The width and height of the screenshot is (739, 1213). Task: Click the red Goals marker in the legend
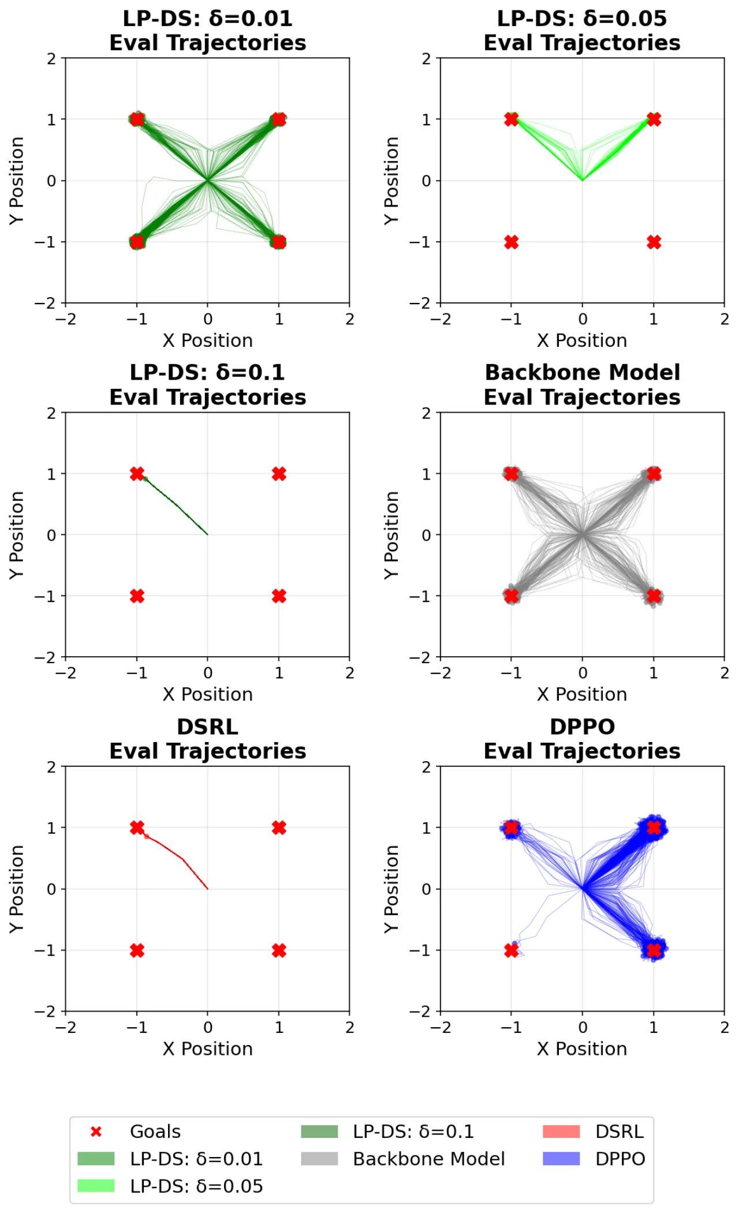pos(96,1132)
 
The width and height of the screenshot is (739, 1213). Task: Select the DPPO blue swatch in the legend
pos(561,1158)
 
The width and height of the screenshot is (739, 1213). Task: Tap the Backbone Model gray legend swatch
pos(319,1158)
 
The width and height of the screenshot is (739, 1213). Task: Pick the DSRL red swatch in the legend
pos(561,1131)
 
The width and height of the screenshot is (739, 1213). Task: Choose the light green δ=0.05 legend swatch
pos(96,1185)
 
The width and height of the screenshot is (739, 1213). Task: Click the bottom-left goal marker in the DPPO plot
pos(512,950)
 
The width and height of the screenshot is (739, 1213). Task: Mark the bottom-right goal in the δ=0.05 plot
pos(654,242)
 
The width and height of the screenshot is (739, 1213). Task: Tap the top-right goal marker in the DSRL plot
pos(279,828)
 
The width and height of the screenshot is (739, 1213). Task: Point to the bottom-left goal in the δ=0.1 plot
pos(137,596)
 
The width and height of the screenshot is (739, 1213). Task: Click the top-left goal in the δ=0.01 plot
pos(137,119)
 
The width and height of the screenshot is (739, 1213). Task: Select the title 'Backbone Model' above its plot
pos(583,372)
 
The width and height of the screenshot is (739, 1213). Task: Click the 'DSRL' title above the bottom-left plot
pos(208,727)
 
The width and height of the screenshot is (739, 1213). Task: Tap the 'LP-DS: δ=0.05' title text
pos(582,18)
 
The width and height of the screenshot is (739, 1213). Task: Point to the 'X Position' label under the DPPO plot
pos(582,1049)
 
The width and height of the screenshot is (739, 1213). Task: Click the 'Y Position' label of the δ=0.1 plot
pos(17,535)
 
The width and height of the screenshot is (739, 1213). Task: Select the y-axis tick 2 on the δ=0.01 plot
pos(52,58)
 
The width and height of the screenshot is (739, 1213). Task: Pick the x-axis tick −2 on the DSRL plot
pos(65,1027)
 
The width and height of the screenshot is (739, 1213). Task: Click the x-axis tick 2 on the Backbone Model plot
pos(725,673)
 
